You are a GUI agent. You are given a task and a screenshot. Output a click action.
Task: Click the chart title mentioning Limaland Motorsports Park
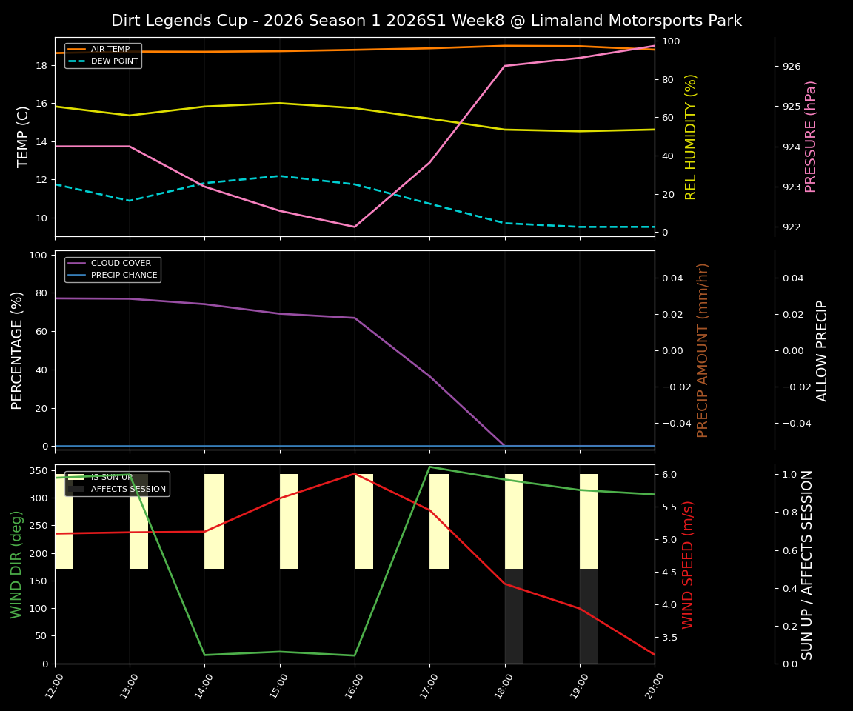[x=426, y=21]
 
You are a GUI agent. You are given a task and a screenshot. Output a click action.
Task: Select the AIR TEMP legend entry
[x=110, y=50]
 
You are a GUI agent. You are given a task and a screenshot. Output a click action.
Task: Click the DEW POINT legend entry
[x=114, y=61]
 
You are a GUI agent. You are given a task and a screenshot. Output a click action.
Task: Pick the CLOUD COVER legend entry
[x=121, y=264]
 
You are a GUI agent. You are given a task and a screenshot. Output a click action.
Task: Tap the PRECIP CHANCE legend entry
[x=124, y=276]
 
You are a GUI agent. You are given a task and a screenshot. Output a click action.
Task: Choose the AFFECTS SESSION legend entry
[x=128, y=490]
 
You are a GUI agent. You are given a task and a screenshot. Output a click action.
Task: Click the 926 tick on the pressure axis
[x=792, y=67]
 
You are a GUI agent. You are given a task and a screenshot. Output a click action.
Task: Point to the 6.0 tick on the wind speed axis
[x=669, y=474]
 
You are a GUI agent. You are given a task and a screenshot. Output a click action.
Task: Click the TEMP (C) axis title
[x=24, y=136]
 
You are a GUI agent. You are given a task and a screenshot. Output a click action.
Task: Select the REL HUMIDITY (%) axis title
[x=691, y=136]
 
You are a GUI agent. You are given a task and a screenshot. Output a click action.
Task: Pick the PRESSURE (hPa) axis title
[x=811, y=136]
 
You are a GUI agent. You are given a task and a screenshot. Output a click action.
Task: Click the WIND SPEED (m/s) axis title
[x=689, y=564]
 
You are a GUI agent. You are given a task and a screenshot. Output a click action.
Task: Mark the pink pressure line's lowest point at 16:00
[x=355, y=227]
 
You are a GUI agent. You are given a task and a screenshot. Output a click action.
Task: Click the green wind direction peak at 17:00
[x=429, y=467]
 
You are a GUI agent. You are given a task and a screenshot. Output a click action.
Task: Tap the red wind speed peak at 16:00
[x=355, y=474]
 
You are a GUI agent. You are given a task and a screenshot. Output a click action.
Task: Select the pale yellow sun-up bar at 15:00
[x=289, y=521]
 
